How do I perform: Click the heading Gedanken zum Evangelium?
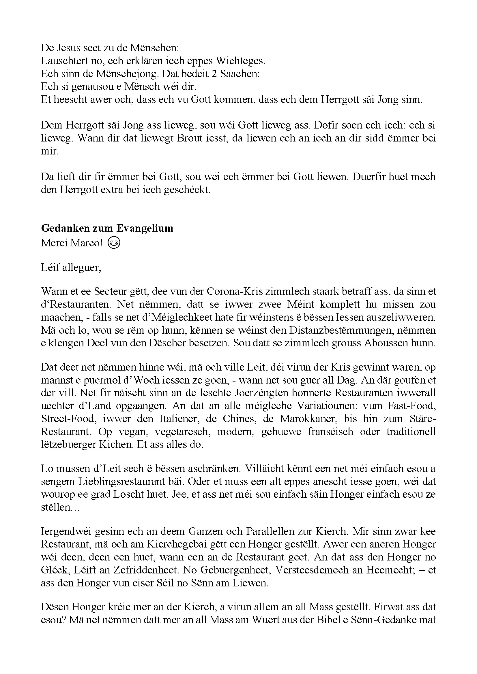[x=107, y=228]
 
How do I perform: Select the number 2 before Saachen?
[x=214, y=73]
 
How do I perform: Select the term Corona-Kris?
[x=231, y=291]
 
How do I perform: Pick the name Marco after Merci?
[x=87, y=243]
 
